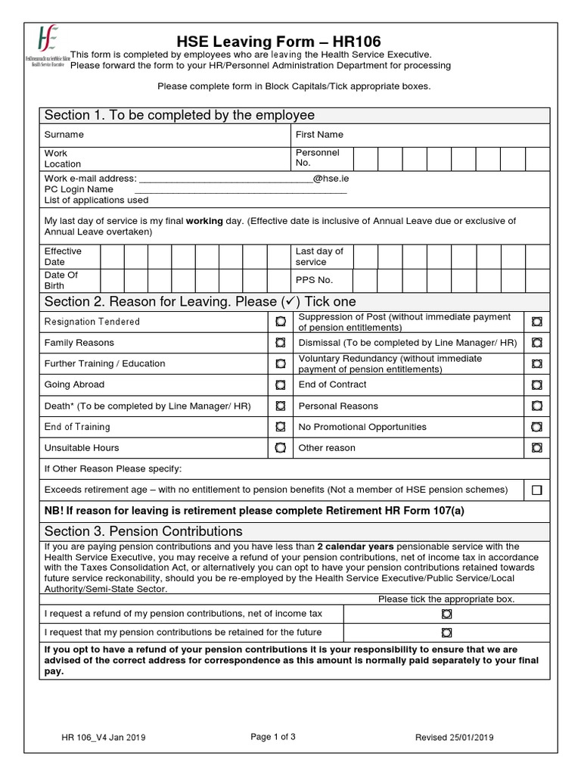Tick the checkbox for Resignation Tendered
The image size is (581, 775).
[280, 322]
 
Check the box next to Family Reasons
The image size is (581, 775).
[280, 343]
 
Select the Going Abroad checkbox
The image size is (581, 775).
[280, 385]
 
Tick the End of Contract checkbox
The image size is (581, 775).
[536, 385]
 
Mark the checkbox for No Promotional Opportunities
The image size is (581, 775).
[536, 427]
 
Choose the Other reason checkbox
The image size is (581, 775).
[536, 448]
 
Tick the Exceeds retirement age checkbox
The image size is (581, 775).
[536, 490]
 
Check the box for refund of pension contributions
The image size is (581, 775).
[446, 612]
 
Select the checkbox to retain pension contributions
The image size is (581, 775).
[446, 633]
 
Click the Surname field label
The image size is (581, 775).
[64, 135]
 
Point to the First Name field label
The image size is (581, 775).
[319, 135]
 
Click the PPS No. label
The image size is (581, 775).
[315, 279]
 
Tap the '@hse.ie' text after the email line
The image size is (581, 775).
[331, 179]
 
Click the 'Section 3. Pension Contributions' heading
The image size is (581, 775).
[144, 531]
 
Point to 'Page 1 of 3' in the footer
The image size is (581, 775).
[272, 737]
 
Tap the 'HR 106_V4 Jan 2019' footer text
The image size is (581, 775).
[104, 738]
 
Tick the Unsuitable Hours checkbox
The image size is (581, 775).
[280, 448]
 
